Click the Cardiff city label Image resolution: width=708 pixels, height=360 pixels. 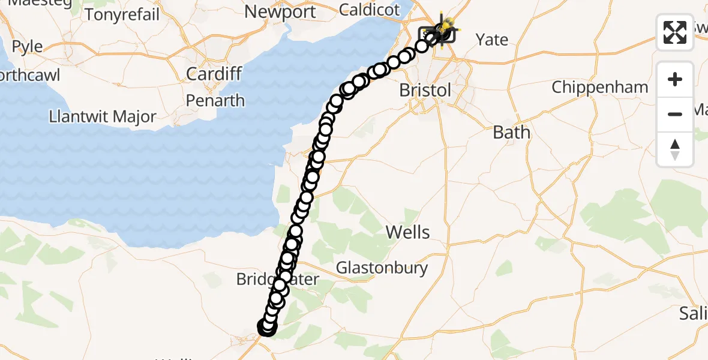(x=214, y=74)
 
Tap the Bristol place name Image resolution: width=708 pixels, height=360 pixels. (x=425, y=91)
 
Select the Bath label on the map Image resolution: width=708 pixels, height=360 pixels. (x=511, y=132)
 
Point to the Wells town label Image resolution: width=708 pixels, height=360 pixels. (x=408, y=232)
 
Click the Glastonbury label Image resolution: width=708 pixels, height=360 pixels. (x=382, y=268)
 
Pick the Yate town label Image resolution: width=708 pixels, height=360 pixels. (x=491, y=40)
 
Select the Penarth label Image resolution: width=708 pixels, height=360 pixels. (x=215, y=100)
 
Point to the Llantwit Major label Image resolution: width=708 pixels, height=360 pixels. (x=103, y=116)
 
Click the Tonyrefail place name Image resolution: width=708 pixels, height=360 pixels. (x=122, y=14)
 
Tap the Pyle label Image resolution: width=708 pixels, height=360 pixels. (x=28, y=46)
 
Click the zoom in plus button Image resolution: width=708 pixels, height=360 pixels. (x=675, y=80)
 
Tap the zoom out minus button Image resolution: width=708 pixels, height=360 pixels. (x=675, y=114)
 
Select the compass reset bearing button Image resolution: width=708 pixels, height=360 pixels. (x=675, y=149)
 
